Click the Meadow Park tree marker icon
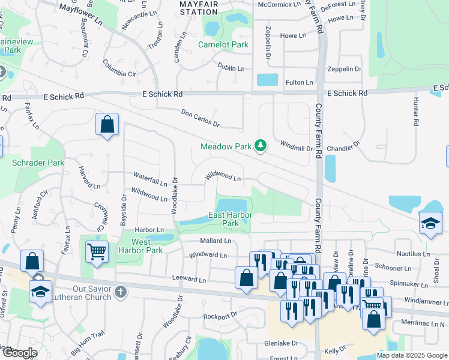coord(260,146)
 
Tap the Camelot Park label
coord(223,44)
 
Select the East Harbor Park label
coord(231,219)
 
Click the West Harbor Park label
coord(140,246)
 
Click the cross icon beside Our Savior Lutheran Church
coord(121,292)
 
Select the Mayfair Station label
coord(198,8)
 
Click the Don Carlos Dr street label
coord(200,118)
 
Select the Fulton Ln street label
coord(299,82)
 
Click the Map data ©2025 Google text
coord(411,355)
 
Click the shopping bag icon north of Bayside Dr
coord(106,124)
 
